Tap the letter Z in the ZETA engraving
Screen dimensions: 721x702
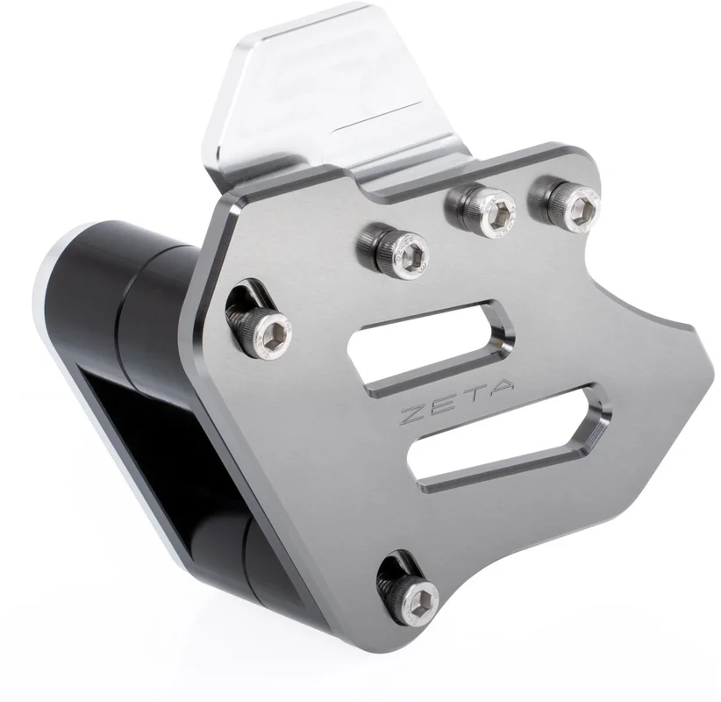416,413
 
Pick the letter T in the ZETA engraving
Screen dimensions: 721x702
472,397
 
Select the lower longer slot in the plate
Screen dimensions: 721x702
510,438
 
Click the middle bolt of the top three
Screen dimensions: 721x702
482,211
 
